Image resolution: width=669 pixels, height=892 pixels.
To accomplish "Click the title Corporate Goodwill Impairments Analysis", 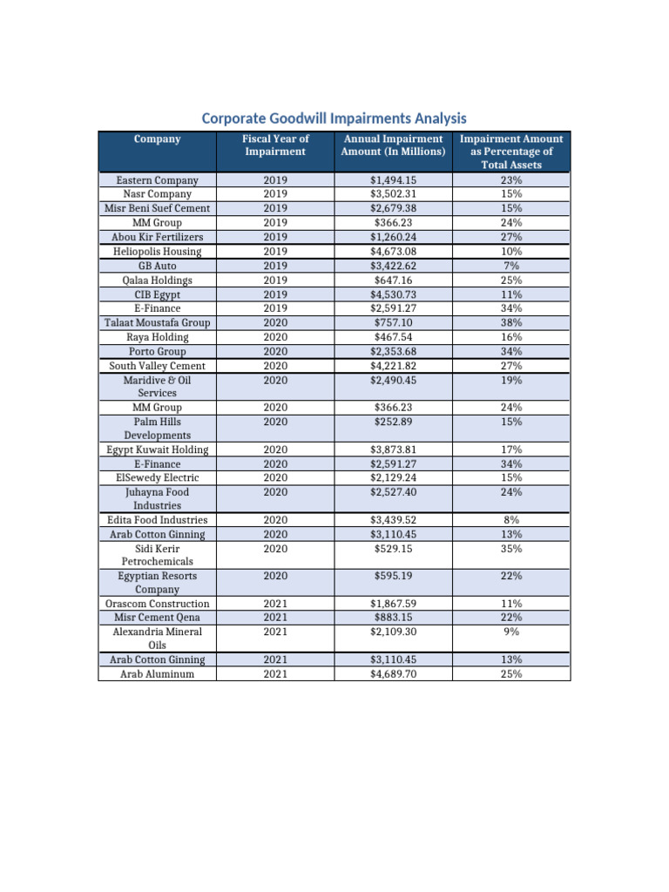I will (x=334, y=118).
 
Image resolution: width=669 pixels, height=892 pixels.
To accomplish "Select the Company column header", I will (x=158, y=139).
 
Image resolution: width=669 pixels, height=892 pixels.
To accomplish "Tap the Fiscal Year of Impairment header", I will (x=275, y=145).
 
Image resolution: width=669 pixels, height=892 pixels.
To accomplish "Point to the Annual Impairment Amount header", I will (x=393, y=145).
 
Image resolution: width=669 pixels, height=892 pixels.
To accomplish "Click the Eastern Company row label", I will (x=158, y=180).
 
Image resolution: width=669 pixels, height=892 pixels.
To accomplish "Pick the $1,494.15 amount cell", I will (x=393, y=180).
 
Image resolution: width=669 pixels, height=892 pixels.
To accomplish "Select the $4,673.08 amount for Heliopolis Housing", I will (x=393, y=252).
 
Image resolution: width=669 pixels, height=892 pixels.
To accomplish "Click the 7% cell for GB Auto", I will (x=511, y=266).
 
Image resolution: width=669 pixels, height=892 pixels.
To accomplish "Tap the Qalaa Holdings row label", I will (x=158, y=280).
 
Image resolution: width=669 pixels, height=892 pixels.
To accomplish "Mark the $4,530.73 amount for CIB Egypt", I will (x=393, y=294).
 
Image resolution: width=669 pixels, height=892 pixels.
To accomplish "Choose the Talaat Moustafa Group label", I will (x=158, y=323).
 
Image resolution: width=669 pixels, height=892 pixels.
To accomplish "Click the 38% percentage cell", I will (x=511, y=323).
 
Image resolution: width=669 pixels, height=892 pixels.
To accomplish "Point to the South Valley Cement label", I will (x=158, y=366).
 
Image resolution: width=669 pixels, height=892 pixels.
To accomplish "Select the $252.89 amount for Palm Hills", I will (x=393, y=422).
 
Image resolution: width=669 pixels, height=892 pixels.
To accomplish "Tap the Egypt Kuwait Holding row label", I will (x=158, y=449).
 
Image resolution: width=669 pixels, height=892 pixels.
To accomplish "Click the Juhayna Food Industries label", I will (x=158, y=498).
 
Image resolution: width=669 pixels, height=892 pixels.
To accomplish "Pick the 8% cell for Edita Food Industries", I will (x=511, y=520).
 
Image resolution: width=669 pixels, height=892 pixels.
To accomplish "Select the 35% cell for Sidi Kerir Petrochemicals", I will (x=511, y=549).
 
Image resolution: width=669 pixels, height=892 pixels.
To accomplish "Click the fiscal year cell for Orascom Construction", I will (x=275, y=604).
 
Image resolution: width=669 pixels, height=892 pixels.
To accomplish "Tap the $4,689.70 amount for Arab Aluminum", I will (x=393, y=673).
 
